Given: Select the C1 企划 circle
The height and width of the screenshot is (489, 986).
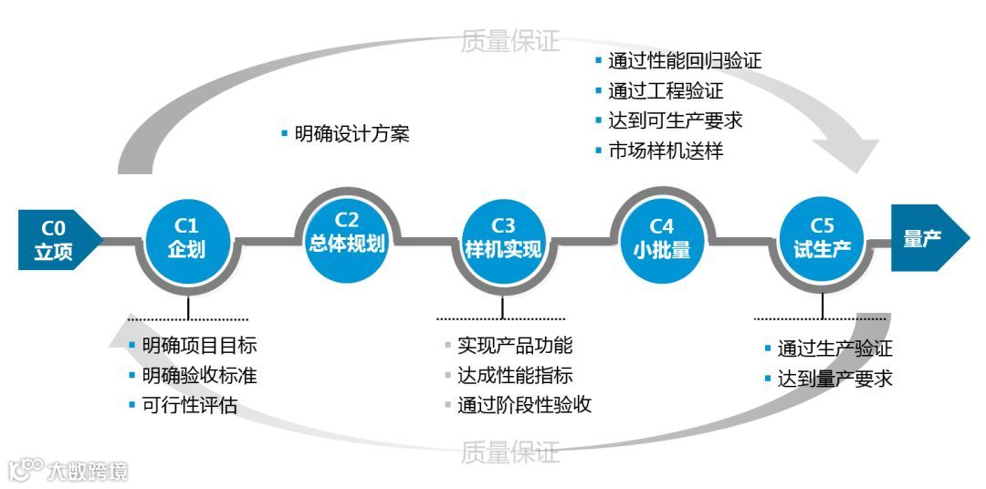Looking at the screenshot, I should (187, 237).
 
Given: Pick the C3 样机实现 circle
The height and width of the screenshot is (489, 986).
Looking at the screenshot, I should (503, 237).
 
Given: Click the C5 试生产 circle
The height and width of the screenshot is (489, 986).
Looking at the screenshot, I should (822, 237).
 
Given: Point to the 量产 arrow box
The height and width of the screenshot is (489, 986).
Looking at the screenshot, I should (926, 238).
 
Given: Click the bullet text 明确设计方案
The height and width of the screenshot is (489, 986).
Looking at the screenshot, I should (351, 134).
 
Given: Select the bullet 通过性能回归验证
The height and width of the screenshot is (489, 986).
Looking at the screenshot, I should (685, 61).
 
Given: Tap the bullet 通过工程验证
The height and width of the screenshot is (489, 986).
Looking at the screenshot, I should (666, 91).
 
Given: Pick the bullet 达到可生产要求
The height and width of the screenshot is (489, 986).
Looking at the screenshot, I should (676, 120).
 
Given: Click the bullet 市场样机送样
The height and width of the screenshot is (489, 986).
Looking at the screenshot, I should (666, 151).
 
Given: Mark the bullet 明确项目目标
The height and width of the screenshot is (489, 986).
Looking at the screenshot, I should (199, 346).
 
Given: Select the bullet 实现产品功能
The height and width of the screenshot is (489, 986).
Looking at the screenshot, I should (515, 346).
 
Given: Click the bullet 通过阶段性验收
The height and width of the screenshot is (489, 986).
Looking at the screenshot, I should (524, 405).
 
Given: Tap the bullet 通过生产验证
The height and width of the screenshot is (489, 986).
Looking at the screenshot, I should (834, 349).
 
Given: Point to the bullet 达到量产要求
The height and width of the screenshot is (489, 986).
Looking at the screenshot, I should (834, 378).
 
